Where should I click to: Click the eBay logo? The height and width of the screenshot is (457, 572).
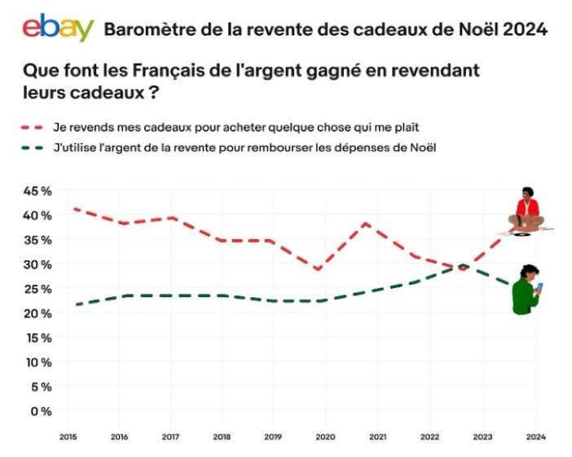click(58, 28)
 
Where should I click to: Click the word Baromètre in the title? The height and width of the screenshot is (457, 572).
click(146, 30)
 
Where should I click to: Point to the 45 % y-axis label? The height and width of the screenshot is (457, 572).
click(38, 191)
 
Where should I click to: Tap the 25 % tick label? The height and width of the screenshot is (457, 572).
click(38, 289)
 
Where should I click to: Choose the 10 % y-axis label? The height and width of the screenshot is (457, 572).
click(38, 362)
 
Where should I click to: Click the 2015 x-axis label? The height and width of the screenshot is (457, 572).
click(69, 437)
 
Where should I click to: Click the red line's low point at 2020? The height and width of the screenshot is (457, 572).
click(318, 269)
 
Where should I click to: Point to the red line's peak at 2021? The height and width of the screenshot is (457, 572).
click(367, 223)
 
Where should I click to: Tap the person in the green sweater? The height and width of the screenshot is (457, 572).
click(526, 290)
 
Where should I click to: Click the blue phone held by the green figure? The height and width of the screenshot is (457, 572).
click(539, 286)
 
